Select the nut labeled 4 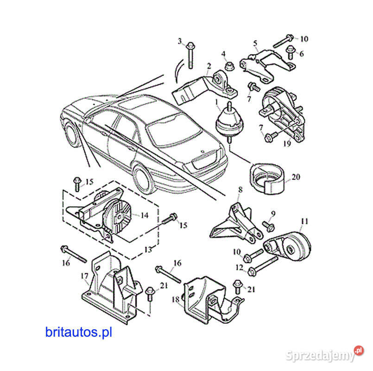tap(228, 66)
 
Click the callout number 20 tap(295, 177)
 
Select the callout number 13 tap(148, 249)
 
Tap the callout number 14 tap(144, 215)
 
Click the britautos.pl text tap(79, 332)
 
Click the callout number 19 tap(287, 144)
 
